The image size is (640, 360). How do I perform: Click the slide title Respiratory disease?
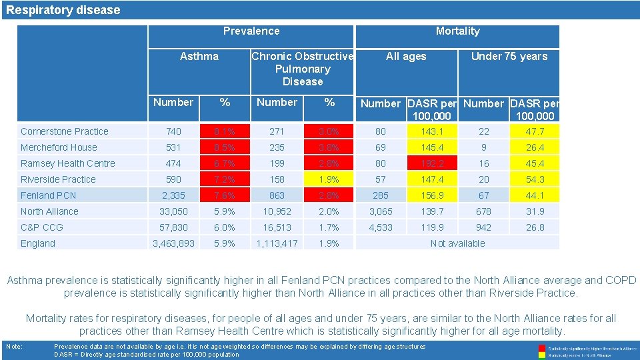(63, 10)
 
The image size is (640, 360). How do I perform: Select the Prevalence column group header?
(251, 31)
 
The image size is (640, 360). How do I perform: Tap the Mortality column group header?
(457, 31)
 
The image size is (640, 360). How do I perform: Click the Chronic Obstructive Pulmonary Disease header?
(303, 69)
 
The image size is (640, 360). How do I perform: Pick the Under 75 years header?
(509, 56)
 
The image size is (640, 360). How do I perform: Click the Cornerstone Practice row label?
(65, 131)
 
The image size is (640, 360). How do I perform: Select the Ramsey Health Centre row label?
(68, 163)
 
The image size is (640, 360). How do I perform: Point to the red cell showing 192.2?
(431, 163)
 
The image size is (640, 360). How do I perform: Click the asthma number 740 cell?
(173, 131)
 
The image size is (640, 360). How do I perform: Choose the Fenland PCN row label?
(49, 195)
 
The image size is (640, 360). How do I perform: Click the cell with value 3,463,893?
(173, 243)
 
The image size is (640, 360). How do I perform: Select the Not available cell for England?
(457, 243)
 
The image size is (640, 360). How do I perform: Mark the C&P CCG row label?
(42, 227)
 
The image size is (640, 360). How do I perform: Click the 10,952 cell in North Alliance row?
(277, 211)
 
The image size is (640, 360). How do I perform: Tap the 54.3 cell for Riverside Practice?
(535, 179)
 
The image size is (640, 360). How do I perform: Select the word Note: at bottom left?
(15, 347)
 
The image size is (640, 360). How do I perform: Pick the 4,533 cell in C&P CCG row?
(381, 227)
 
